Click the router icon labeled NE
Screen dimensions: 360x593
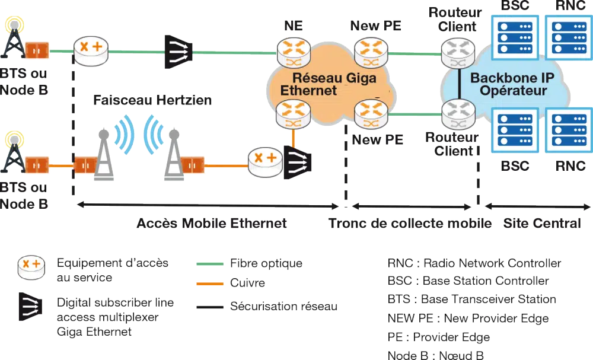pyautogui.click(x=293, y=53)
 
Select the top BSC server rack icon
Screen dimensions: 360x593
pyautogui.click(x=515, y=35)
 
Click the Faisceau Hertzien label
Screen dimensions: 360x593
pyautogui.click(x=152, y=100)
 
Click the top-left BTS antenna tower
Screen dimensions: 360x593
pyautogui.click(x=14, y=40)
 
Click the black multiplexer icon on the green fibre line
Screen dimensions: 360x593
pyautogui.click(x=178, y=50)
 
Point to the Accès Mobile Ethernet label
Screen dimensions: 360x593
pyautogui.click(x=212, y=224)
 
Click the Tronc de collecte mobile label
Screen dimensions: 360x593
pyautogui.click(x=410, y=224)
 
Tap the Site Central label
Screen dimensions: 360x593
pyautogui.click(x=543, y=224)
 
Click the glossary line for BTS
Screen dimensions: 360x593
pyautogui.click(x=471, y=300)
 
